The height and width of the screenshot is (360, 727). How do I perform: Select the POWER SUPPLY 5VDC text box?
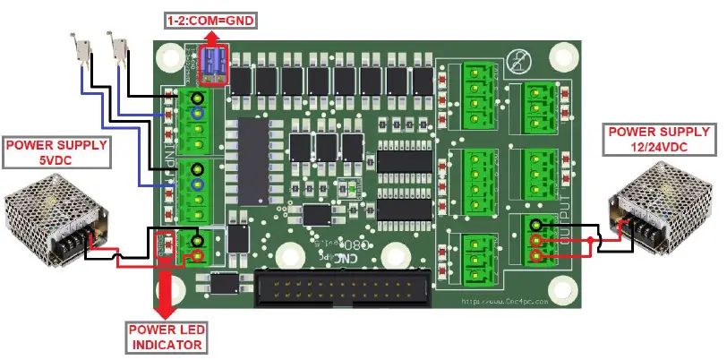click(56, 152)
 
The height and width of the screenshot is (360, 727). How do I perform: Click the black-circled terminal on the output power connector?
click(535, 225)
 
